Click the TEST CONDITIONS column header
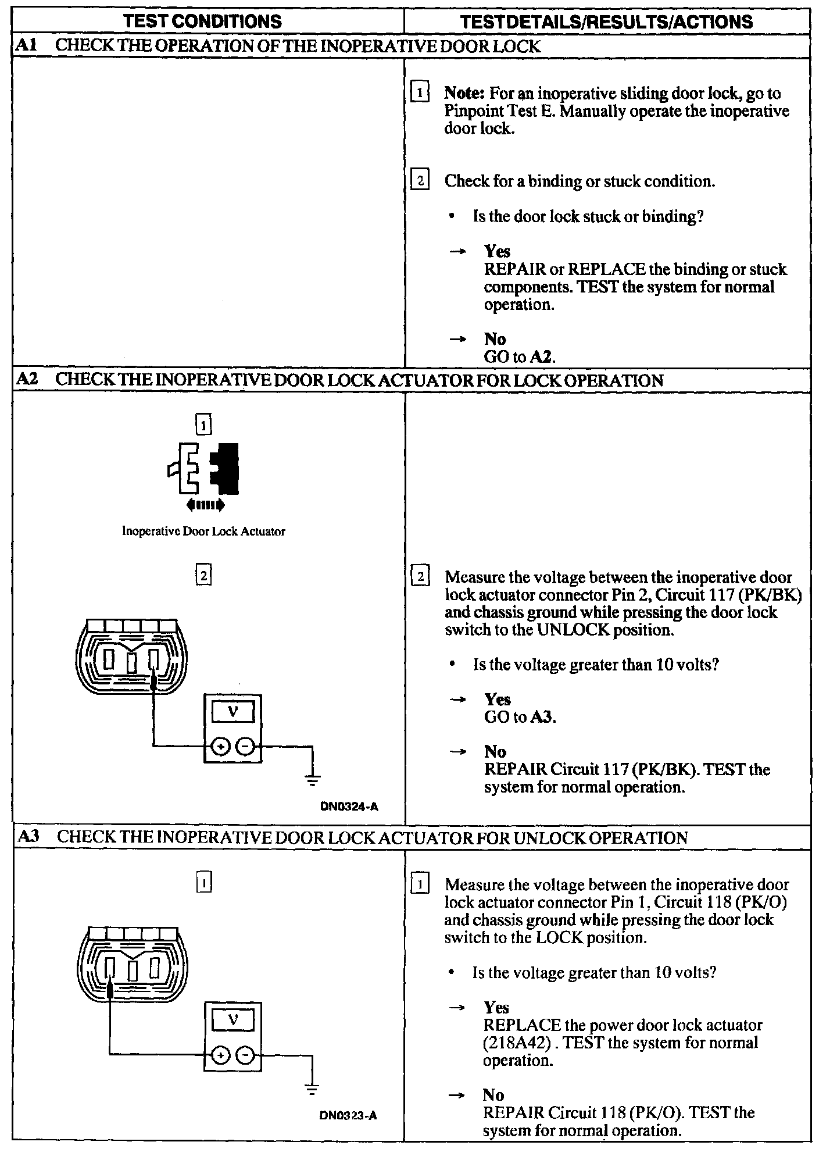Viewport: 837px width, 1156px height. tap(202, 22)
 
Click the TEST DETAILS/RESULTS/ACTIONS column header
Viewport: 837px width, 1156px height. tap(606, 22)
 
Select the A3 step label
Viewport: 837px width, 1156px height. tap(28, 837)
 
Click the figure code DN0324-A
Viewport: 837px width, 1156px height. tap(349, 807)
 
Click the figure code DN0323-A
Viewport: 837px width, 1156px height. tap(348, 1115)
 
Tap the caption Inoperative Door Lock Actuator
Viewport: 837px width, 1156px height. tap(203, 531)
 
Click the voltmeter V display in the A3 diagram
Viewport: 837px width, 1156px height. tap(233, 1020)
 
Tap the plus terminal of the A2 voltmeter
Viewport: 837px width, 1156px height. tap(220, 746)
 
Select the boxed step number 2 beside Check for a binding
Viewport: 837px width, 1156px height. tap(420, 180)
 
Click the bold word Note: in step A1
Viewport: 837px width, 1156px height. tap(464, 93)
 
